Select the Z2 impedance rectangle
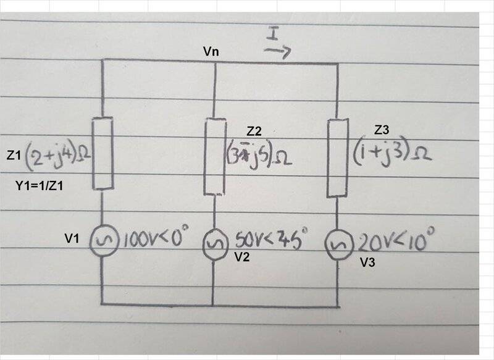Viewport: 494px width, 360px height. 214,156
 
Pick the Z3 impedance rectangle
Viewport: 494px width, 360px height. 337,157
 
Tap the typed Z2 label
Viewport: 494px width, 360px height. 254,132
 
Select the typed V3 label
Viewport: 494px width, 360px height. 369,262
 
